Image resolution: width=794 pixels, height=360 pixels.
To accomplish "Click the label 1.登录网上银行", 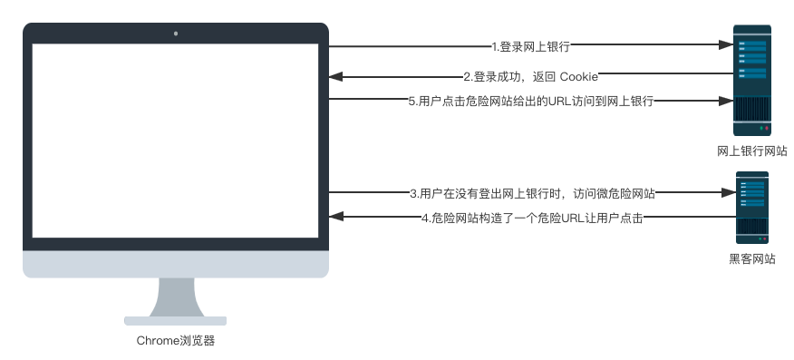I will pyautogui.click(x=530, y=45).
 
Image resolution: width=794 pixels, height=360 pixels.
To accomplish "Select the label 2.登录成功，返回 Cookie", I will pyautogui.click(x=530, y=75).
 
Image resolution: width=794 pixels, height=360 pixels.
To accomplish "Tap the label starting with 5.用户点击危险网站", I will pyautogui.click(x=530, y=102).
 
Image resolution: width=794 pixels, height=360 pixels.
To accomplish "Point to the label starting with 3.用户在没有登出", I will pyautogui.click(x=532, y=192).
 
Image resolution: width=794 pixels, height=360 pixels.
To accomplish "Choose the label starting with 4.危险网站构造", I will pyautogui.click(x=532, y=219).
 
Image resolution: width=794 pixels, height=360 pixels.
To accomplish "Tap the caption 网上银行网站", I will pyautogui.click(x=751, y=151).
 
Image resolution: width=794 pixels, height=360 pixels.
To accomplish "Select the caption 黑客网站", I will pyautogui.click(x=751, y=258).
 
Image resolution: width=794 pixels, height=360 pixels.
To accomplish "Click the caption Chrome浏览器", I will pyautogui.click(x=176, y=342).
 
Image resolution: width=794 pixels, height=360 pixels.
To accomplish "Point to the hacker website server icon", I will pyautogui.click(x=751, y=207).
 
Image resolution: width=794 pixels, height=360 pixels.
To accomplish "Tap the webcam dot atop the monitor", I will pyautogui.click(x=176, y=34).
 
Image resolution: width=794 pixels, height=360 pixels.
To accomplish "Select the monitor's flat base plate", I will pyautogui.click(x=176, y=319).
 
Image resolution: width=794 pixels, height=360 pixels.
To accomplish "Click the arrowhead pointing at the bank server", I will pyautogui.click(x=726, y=45).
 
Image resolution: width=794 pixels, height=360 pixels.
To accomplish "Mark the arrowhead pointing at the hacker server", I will pyautogui.click(x=726, y=192).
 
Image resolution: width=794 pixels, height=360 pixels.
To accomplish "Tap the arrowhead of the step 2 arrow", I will pyautogui.click(x=334, y=75).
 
